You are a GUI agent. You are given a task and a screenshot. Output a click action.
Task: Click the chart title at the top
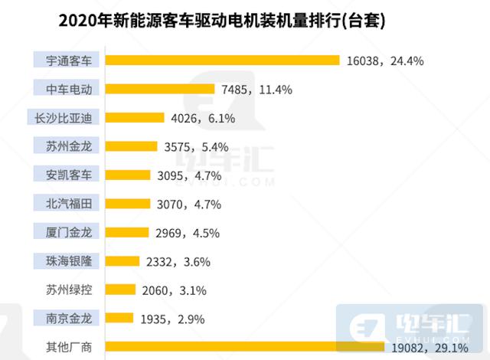[x=221, y=20]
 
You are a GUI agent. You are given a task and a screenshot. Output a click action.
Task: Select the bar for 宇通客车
[x=222, y=60]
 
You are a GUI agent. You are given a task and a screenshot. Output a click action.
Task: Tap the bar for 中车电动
[x=157, y=89]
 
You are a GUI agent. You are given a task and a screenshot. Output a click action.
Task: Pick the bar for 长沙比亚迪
[x=135, y=117]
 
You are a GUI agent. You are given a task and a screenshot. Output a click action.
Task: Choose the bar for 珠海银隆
[x=122, y=260]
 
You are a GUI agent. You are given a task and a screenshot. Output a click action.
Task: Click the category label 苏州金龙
[x=68, y=146]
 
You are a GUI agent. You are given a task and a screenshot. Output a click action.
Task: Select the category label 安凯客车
[x=68, y=175]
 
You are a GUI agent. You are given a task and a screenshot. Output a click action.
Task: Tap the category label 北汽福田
[x=68, y=203]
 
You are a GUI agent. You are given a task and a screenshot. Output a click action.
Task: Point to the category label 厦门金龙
[x=68, y=232]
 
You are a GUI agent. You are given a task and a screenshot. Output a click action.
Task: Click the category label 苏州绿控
[x=68, y=290]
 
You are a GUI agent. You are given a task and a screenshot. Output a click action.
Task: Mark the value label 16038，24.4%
[x=386, y=61]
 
